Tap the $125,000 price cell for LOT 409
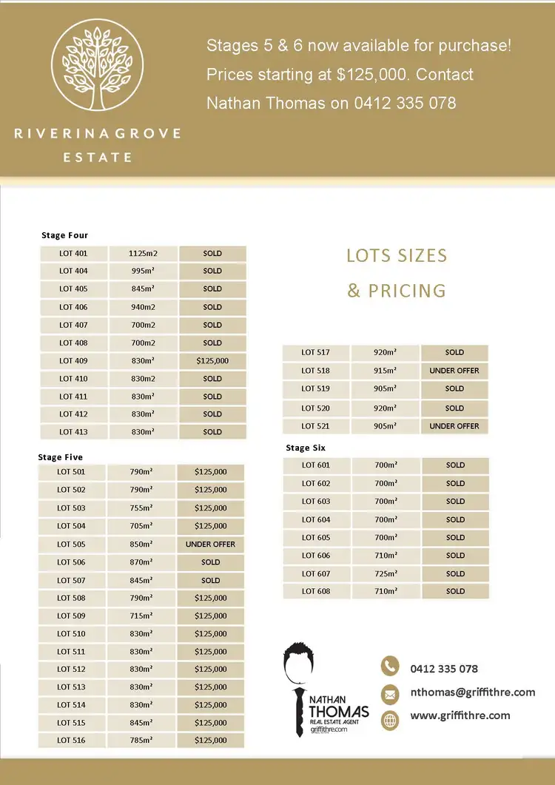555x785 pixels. pos(212,361)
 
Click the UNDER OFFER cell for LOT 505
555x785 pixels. pos(210,545)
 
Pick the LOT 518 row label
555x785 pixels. pos(316,371)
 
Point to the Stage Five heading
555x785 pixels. pos(61,457)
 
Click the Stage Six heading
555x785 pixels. pos(306,448)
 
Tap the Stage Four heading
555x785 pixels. pos(64,235)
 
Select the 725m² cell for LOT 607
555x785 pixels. pos(386,573)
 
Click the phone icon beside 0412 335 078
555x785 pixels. pos(390,666)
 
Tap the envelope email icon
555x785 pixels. pos(390,694)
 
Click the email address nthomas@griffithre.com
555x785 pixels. pos(472,693)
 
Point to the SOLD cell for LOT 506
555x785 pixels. pos(211,562)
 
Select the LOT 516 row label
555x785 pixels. pos(71,741)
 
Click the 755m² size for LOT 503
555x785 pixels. pos(141,508)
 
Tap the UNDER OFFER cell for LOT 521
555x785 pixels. pos(454,426)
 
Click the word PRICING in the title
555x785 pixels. pos(407,290)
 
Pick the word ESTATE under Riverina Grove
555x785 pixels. pos(98,158)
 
